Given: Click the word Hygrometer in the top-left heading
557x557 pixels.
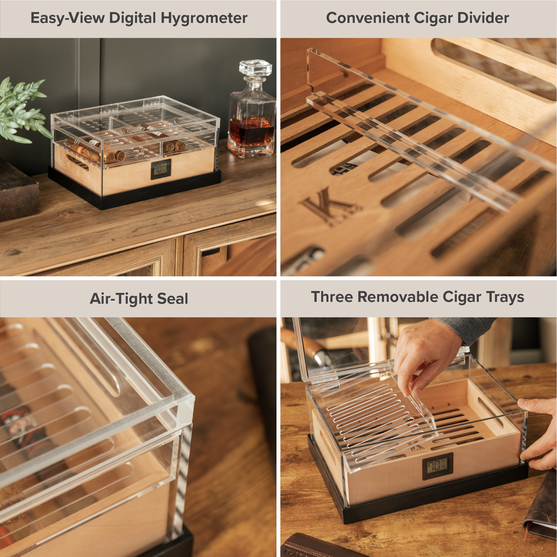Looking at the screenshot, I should click(x=204, y=18).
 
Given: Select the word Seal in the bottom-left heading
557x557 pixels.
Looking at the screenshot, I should click(x=173, y=299).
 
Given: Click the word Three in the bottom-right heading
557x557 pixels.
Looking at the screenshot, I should click(x=332, y=297).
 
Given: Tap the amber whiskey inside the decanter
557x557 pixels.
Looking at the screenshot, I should click(x=251, y=131).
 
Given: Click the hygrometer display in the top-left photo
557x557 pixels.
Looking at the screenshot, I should click(x=161, y=169).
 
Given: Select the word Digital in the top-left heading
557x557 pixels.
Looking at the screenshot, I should click(x=133, y=18).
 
